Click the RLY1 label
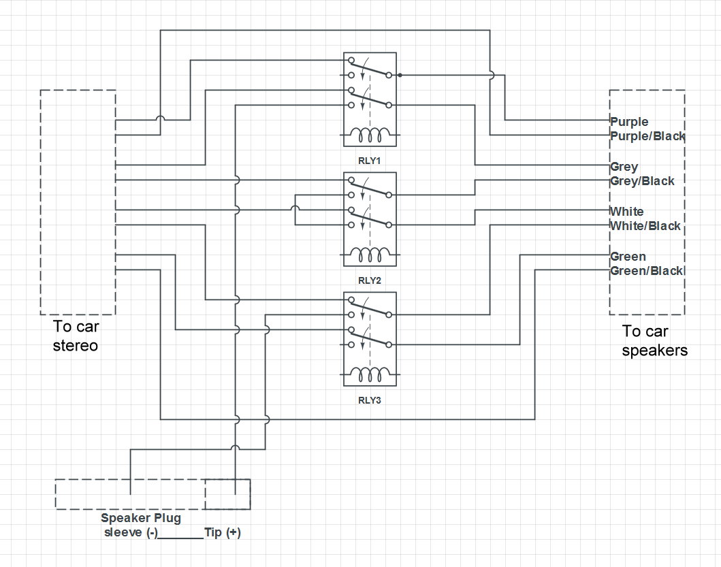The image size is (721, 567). coord(369,160)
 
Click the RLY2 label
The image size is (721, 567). coord(369,280)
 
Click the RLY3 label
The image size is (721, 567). coord(369,400)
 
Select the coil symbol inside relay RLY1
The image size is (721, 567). coord(369,135)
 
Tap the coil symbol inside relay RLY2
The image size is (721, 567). coord(369,255)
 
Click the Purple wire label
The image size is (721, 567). coord(629,122)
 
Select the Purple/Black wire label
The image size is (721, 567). coord(647,136)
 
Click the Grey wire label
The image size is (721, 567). coord(624,167)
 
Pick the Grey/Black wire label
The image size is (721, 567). coord(642,181)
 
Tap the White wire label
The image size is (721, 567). coord(626,212)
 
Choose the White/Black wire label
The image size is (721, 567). coord(645,226)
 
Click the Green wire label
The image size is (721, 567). coord(628,257)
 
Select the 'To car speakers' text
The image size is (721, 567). coord(654,341)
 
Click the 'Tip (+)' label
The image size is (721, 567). coord(222,533)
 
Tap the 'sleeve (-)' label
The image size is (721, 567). coord(131,533)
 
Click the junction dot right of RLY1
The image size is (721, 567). coord(400,75)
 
